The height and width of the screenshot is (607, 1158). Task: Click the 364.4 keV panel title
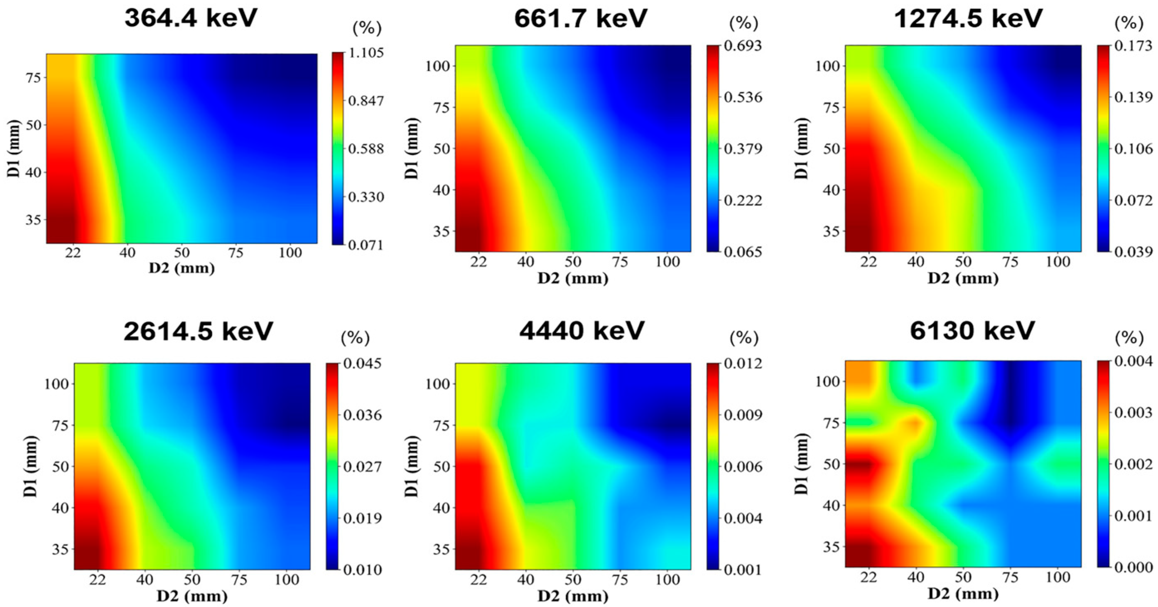coord(191,19)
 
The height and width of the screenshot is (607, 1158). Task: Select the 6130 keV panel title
coord(972,332)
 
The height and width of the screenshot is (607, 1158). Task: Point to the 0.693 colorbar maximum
coord(743,46)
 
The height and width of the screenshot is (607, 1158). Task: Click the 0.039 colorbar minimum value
coord(1133,252)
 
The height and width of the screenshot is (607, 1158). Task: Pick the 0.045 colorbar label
coord(362,363)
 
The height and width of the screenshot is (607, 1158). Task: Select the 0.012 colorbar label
coord(743,363)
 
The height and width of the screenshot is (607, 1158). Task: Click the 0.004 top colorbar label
coord(1133,361)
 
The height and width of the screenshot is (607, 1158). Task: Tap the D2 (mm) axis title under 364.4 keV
coord(182,268)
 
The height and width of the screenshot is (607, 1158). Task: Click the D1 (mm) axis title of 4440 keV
coord(412,466)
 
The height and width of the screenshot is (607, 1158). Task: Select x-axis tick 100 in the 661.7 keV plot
coord(667,261)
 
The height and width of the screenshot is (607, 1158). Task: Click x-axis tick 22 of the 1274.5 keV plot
coord(868,261)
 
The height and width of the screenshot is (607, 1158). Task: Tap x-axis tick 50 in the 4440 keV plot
coord(573,579)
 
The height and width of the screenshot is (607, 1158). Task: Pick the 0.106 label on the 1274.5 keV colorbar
coord(1133,149)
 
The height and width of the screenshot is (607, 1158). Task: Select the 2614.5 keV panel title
coord(198,332)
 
